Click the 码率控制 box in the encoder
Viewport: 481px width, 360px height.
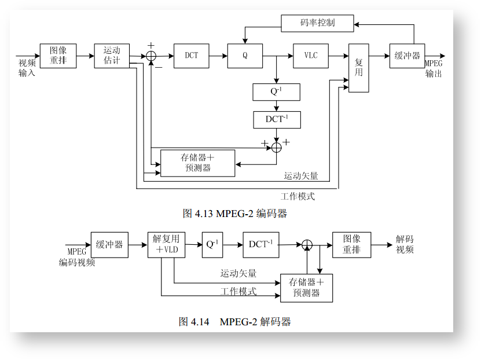click(317, 23)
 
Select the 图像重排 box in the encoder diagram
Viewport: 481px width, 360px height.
click(58, 56)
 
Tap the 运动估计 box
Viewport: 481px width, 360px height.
click(112, 56)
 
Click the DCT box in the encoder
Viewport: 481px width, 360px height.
click(191, 56)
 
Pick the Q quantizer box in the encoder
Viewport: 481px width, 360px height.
click(245, 56)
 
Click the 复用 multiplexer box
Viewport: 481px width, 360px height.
click(358, 68)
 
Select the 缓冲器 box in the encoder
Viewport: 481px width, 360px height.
click(407, 56)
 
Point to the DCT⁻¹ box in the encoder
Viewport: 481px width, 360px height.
click(277, 120)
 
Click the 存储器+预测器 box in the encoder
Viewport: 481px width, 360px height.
click(197, 163)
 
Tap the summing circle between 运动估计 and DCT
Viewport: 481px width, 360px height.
click(151, 56)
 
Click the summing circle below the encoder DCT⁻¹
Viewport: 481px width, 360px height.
click(277, 147)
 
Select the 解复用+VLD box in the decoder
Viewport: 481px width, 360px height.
click(166, 244)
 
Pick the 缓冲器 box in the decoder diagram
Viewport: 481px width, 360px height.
click(109, 244)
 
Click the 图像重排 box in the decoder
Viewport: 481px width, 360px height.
click(351, 244)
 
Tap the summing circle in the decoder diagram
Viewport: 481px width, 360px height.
click(307, 245)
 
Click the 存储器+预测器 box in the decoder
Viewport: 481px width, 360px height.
click(306, 288)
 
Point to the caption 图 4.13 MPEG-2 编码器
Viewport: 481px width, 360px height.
click(234, 214)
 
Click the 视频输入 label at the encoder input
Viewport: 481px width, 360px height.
click(27, 68)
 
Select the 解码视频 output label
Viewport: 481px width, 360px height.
click(405, 244)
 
